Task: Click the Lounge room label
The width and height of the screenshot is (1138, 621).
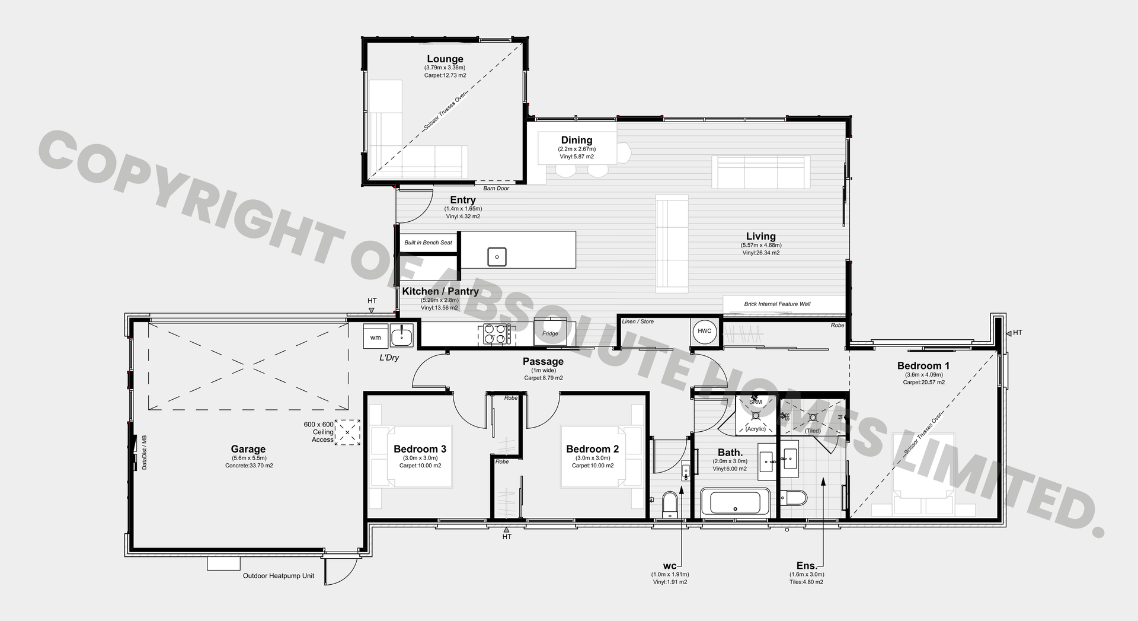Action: pos(445,59)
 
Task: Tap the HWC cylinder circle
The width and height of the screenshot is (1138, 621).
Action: pos(704,331)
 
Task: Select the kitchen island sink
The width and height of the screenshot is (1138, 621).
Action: pos(497,256)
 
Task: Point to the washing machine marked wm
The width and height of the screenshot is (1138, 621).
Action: pos(376,337)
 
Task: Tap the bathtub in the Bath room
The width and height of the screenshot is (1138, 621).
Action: pos(735,503)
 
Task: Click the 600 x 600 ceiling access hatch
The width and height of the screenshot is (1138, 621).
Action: pos(347,432)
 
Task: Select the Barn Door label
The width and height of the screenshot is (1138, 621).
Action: pos(496,188)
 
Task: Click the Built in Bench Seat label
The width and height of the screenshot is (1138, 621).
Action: pos(428,243)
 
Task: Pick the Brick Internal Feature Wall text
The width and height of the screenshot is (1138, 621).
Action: pos(777,304)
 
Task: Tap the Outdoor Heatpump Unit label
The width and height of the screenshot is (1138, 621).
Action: pos(279,576)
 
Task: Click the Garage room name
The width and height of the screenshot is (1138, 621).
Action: pos(248,450)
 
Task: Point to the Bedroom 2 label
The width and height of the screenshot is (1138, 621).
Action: pos(592,450)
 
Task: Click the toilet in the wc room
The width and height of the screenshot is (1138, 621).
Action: pos(670,504)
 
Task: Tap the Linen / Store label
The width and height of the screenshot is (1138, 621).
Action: pos(638,321)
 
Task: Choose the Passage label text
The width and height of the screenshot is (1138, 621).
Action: pos(543,361)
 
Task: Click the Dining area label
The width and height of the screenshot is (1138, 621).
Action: pos(577,141)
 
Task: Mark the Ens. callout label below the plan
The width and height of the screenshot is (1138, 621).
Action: pos(806,566)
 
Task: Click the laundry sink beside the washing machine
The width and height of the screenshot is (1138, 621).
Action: pos(401,336)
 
